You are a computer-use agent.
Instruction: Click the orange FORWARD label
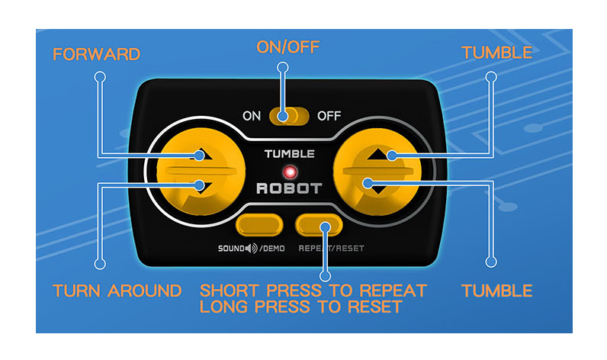(96, 54)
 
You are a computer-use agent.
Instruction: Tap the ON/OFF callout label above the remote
(288, 47)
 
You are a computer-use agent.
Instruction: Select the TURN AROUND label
(117, 291)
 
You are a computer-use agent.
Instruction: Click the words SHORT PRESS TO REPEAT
(313, 291)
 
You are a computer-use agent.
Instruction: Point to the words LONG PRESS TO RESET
(301, 307)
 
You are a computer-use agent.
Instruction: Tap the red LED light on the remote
(290, 172)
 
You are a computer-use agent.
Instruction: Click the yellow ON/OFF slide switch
(289, 116)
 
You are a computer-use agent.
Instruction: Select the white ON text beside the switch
(252, 116)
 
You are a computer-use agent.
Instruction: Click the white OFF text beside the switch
(329, 116)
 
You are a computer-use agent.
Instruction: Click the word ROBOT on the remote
(289, 188)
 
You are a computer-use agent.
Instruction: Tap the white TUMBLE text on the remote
(290, 154)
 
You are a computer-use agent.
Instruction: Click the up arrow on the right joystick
(377, 155)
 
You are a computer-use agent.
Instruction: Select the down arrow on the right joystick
(377, 189)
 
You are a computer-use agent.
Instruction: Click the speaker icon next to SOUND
(252, 248)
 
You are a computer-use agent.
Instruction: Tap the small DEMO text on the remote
(274, 249)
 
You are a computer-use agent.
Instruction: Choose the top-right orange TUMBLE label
(497, 53)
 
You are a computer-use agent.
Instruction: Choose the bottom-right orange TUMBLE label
(497, 291)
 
